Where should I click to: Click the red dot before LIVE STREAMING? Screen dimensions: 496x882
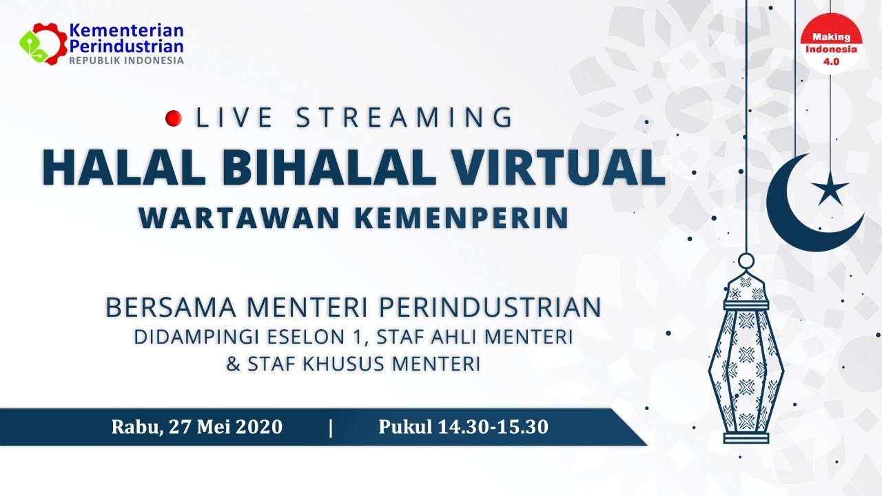click(x=174, y=118)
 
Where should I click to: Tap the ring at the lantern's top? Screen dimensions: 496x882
click(x=746, y=261)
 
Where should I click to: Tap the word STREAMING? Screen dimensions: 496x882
click(x=404, y=118)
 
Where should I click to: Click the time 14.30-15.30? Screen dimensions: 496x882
click(x=493, y=427)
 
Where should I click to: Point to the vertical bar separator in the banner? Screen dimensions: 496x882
click(x=331, y=428)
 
